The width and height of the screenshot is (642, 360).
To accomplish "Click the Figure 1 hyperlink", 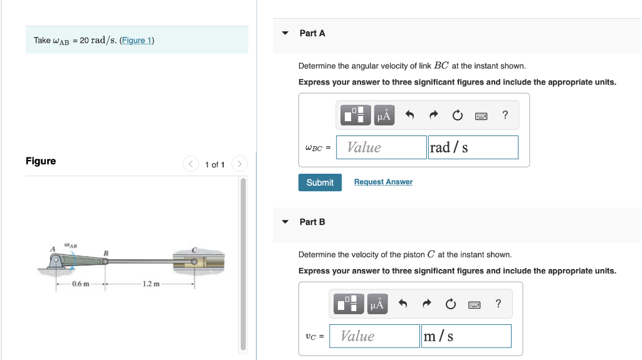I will (137, 41).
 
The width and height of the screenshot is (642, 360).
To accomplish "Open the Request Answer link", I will (383, 182).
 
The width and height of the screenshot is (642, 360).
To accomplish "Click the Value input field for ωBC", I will (381, 147).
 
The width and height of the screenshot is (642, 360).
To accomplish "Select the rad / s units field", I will (473, 147).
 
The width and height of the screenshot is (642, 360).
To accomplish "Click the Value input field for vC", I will (374, 336).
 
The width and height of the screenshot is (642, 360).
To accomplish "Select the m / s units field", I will (466, 336).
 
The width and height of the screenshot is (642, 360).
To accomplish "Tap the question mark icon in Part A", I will (505, 115).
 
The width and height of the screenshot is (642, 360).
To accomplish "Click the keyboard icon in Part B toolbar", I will (475, 304).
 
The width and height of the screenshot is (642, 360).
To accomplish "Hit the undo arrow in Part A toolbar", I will (410, 115).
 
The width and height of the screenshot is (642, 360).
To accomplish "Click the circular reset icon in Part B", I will (451, 304).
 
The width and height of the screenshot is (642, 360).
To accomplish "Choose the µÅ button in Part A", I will (384, 115).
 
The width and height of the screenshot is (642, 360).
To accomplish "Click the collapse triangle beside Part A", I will (285, 33).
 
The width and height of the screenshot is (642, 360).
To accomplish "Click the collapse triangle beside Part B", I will (285, 222).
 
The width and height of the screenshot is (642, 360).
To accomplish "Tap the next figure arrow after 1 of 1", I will (238, 164).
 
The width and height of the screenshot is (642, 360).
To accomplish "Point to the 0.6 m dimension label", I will (80, 284).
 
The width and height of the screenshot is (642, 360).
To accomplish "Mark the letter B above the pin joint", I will (106, 252).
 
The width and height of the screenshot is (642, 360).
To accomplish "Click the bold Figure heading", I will (41, 161).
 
